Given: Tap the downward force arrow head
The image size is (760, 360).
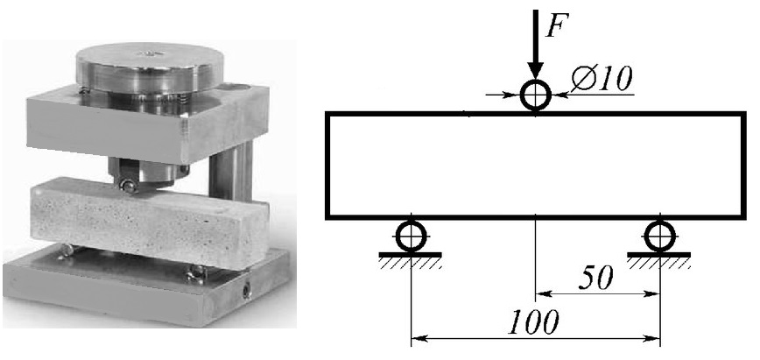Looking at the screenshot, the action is tap(535, 70).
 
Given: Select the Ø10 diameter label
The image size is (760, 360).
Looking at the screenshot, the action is tap(602, 79).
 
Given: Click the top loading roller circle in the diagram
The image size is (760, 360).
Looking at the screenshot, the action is tap(535, 81).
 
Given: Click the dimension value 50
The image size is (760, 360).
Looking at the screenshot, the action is tap(596, 278).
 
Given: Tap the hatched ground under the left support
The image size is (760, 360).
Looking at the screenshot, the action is tap(410, 262).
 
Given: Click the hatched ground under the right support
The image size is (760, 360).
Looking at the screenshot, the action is tap(659, 262).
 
